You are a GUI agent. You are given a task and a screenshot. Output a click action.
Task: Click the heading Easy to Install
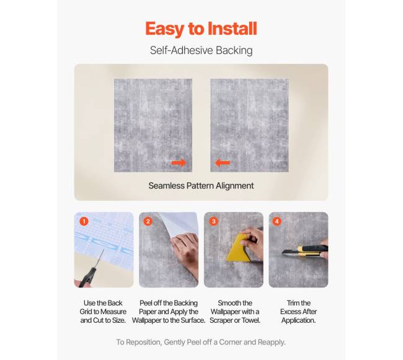coord(201,29)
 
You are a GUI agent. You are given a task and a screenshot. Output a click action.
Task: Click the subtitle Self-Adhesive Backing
coord(201,50)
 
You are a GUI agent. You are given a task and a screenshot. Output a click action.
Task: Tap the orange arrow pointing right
coord(179,162)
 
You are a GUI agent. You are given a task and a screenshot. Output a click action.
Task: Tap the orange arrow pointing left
coord(223,162)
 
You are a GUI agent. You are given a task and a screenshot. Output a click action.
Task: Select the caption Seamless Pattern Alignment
coord(201,186)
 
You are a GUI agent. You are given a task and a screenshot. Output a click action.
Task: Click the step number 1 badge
coord(84,221)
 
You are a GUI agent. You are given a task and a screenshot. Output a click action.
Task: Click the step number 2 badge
coord(148,221)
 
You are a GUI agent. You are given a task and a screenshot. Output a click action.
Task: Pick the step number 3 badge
coord(213,221)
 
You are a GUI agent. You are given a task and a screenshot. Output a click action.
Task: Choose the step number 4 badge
coord(277,221)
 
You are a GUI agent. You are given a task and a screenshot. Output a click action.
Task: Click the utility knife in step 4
coord(304,250)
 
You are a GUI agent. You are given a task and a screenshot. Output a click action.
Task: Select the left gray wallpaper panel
coord(153,125)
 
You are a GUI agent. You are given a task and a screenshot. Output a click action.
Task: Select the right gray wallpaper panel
coord(249,125)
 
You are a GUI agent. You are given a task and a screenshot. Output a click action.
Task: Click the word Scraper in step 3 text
coord(222,320)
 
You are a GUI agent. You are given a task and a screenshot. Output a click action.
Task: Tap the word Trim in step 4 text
coord(293,303)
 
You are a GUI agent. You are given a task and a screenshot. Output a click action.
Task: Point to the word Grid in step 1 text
coord(86,312)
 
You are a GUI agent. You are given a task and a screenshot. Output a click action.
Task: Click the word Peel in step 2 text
coord(146,303)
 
